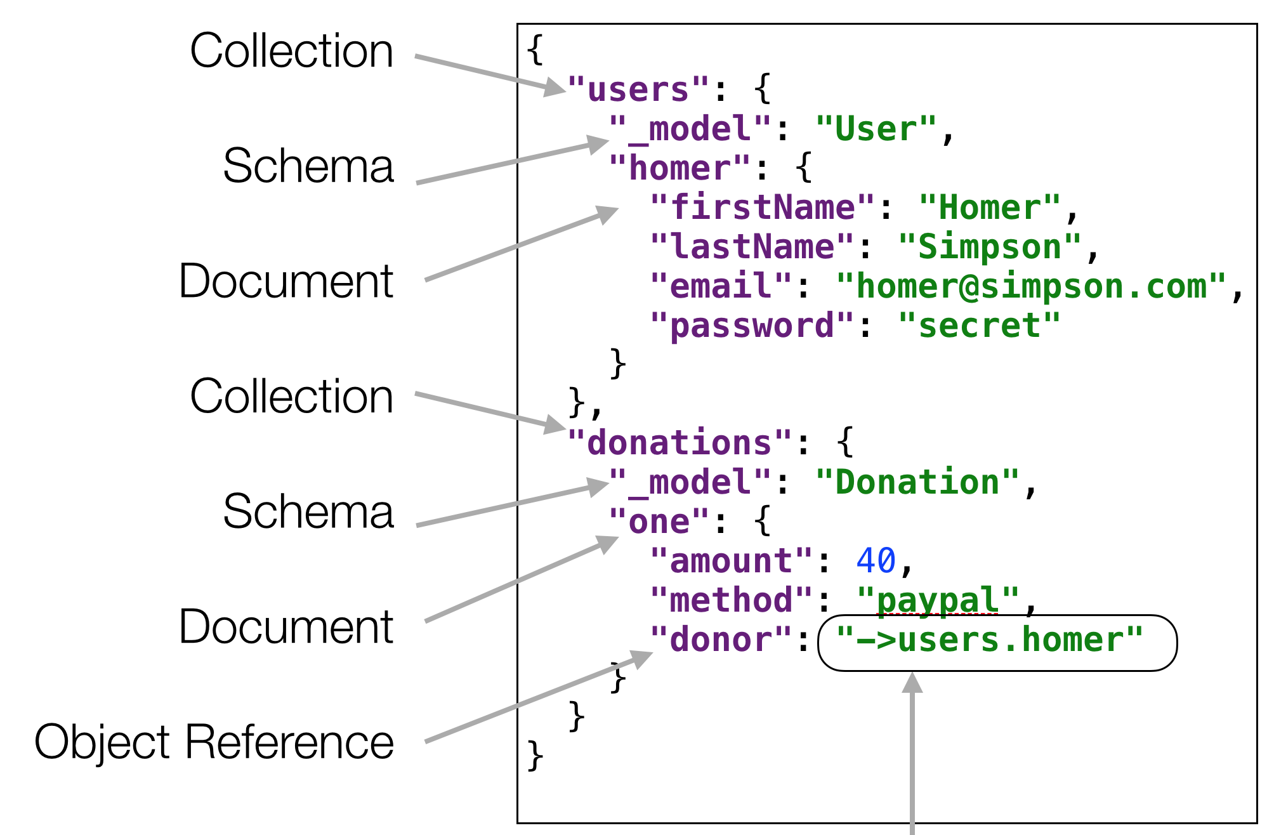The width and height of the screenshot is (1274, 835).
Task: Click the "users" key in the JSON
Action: (x=637, y=90)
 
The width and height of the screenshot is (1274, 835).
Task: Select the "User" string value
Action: (x=876, y=129)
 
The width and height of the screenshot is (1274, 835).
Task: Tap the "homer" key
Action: (x=680, y=169)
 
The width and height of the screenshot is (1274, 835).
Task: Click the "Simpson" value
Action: (x=989, y=247)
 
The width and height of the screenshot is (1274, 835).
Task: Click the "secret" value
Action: (x=979, y=326)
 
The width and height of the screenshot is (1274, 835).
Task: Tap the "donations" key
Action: (x=680, y=443)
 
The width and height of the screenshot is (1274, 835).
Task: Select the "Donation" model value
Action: (x=917, y=482)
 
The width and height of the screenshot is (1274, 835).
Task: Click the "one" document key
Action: (x=659, y=522)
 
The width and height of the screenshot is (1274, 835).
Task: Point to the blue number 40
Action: (x=876, y=561)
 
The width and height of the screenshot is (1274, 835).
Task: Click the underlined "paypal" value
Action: (x=938, y=600)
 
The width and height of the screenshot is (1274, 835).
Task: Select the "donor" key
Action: (x=721, y=640)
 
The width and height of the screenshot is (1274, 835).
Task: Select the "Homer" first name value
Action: (x=989, y=208)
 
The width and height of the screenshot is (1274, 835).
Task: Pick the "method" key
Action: (x=731, y=600)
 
